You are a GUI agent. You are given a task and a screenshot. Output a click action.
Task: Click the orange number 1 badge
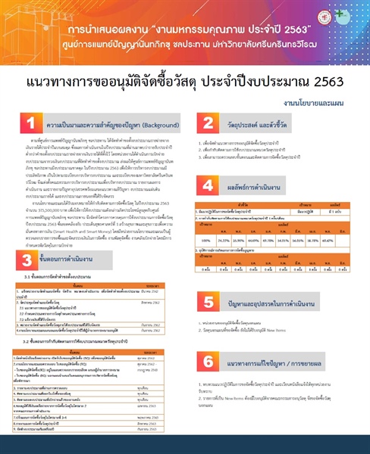pyautogui.click(x=30, y=122)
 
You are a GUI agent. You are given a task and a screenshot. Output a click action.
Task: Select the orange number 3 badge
pyautogui.click(x=28, y=260)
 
